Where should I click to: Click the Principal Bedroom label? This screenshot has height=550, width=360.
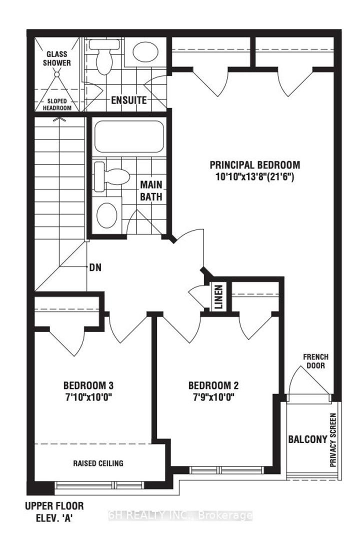click(254, 164)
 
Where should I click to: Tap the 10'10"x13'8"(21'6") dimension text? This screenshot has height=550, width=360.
click(254, 176)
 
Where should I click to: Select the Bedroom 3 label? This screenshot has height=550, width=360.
click(88, 385)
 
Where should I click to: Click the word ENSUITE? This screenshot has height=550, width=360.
click(129, 100)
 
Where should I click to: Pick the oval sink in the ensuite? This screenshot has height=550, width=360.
click(145, 51)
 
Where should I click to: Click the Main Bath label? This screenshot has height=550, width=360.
click(151, 191)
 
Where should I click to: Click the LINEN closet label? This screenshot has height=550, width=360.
click(218, 296)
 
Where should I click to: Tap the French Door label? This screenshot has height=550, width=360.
click(315, 361)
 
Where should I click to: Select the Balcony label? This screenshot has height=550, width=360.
click(307, 439)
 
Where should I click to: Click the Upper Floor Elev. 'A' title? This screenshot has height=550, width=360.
click(54, 511)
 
